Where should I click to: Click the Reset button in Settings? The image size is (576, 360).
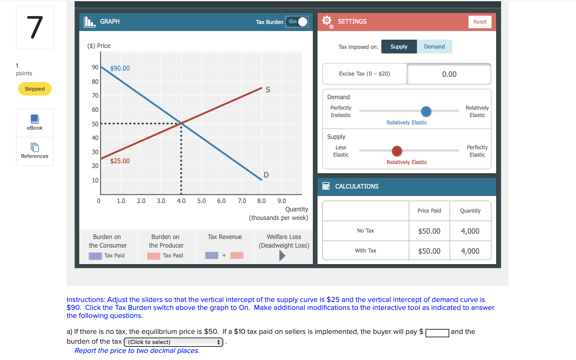pyautogui.click(x=480, y=22)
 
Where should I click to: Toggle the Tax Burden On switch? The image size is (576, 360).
pyautogui.click(x=297, y=22)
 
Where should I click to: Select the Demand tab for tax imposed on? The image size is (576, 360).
pyautogui.click(x=434, y=47)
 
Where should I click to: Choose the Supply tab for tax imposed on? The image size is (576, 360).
pyautogui.click(x=399, y=47)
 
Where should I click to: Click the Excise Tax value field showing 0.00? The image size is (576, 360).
pyautogui.click(x=449, y=74)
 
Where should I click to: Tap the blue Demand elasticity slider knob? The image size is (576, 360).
pyautogui.click(x=426, y=111)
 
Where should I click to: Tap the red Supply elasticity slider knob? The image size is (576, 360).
pyautogui.click(x=397, y=151)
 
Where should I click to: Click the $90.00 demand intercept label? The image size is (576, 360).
pyautogui.click(x=120, y=68)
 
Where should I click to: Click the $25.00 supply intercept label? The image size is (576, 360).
pyautogui.click(x=120, y=161)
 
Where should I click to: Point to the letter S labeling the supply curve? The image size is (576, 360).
pyautogui.click(x=268, y=90)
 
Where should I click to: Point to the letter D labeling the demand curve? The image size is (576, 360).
pyautogui.click(x=266, y=175)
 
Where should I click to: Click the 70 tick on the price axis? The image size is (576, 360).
pyautogui.click(x=95, y=96)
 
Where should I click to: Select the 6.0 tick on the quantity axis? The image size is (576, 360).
pyautogui.click(x=221, y=201)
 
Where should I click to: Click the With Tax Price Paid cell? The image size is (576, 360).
pyautogui.click(x=429, y=251)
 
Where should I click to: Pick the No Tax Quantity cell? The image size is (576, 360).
pyautogui.click(x=470, y=231)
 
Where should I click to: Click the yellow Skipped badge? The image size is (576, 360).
pyautogui.click(x=35, y=89)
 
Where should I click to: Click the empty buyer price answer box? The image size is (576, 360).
pyautogui.click(x=437, y=333)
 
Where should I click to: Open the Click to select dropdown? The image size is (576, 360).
pyautogui.click(x=173, y=342)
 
